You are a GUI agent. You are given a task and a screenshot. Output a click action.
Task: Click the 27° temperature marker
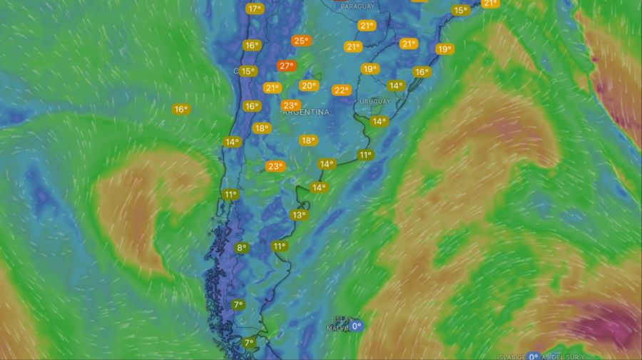point(286,66)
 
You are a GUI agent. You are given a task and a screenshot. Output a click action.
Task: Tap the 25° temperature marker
point(301,41)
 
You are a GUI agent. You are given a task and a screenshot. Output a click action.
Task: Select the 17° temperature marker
point(255,9)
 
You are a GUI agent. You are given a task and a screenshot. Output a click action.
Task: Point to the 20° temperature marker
point(308,86)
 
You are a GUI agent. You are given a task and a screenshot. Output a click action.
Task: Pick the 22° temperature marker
point(342,90)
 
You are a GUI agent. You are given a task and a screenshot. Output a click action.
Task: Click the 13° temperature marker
point(298,215)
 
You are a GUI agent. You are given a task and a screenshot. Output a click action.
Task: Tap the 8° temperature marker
point(242,247)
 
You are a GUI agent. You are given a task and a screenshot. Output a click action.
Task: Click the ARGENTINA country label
point(305,113)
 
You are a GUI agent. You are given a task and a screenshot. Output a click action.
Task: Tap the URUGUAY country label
point(375,102)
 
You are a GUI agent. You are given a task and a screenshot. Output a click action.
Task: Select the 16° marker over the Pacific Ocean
point(180,109)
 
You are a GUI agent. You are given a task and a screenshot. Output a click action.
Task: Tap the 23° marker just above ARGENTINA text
point(290,105)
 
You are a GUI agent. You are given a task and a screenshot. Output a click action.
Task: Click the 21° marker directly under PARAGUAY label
point(367,25)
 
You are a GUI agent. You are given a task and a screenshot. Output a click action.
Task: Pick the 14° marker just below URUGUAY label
point(379,121)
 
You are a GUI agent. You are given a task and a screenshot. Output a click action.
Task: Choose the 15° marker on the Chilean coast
point(248,71)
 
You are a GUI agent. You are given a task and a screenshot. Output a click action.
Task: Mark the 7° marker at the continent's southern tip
point(248,343)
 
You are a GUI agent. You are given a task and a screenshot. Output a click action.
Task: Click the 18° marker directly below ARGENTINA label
point(307,140)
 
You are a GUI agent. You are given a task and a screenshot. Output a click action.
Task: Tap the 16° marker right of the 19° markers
point(422,72)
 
